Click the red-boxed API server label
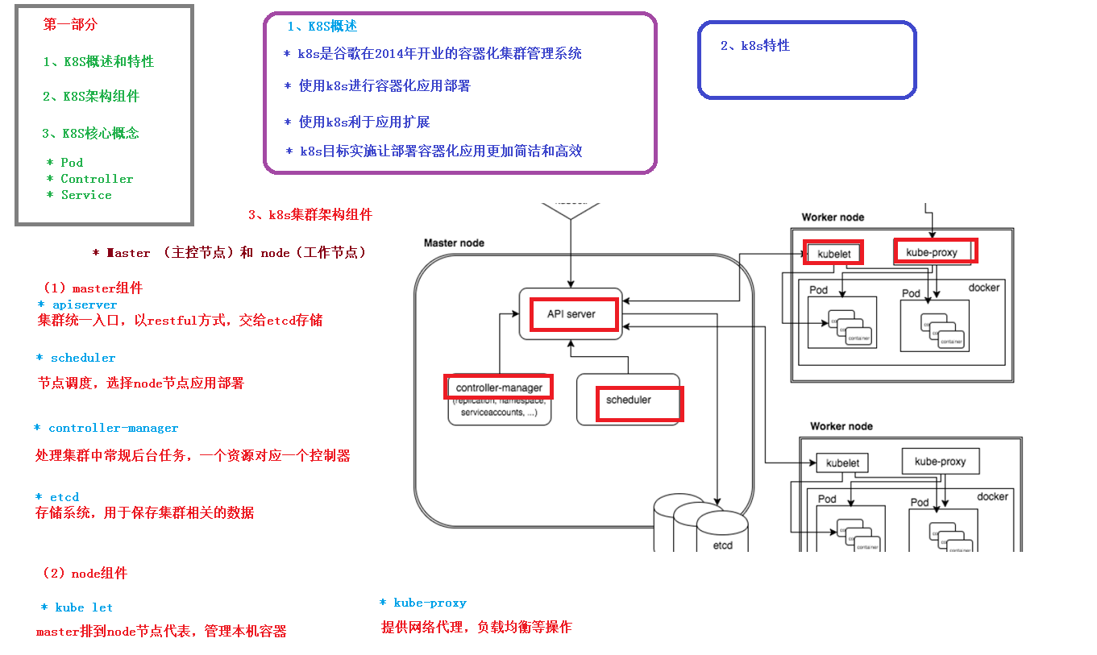(x=572, y=314)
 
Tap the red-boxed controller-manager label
(x=499, y=388)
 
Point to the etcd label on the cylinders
(x=722, y=545)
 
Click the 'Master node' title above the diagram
(x=454, y=243)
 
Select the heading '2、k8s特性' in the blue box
(x=755, y=46)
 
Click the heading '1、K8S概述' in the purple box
(x=322, y=27)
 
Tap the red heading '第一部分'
(x=70, y=25)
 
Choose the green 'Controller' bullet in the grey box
(x=97, y=179)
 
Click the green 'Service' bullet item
(x=85, y=195)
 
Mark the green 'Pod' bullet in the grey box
(x=72, y=163)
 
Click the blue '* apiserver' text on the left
(x=77, y=305)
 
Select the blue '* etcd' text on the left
(x=57, y=497)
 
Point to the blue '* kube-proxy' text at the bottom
(x=423, y=603)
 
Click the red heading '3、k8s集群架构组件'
(x=310, y=215)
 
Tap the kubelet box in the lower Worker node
(x=842, y=463)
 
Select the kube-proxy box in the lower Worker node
(x=940, y=462)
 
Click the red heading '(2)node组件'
(x=85, y=574)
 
